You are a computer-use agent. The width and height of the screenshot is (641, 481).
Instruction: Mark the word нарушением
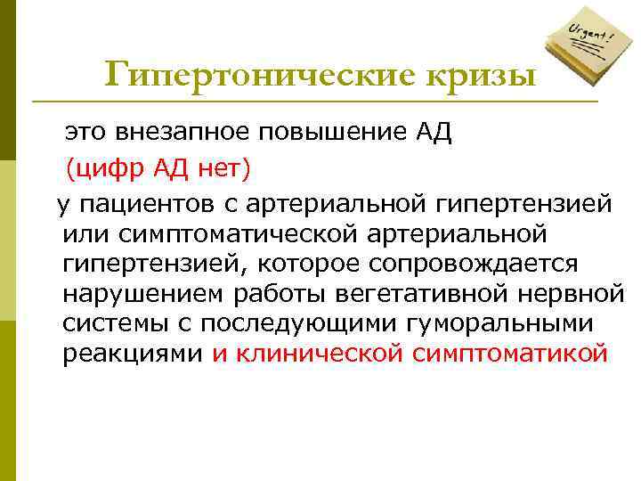[x=132, y=294]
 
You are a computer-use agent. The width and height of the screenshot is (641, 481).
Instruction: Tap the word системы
[x=110, y=324]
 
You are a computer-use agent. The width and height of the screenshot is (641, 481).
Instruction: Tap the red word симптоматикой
[x=511, y=354]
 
